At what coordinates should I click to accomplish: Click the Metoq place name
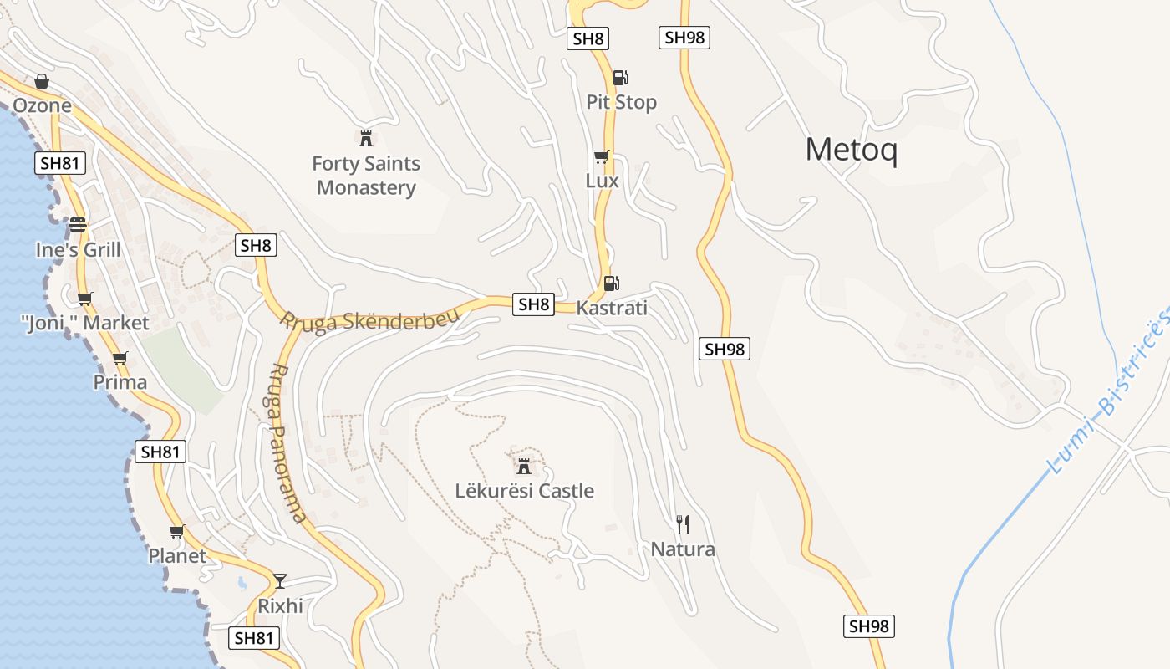(851, 151)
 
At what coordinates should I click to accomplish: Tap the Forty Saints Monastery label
(366, 176)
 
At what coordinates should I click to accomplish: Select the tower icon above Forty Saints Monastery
(365, 138)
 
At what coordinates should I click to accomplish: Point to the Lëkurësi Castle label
(524, 491)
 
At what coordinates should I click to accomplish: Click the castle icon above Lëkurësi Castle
(524, 466)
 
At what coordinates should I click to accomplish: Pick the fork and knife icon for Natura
(683, 524)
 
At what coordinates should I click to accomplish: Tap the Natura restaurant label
(683, 549)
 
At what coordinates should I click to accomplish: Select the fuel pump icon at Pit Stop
(620, 78)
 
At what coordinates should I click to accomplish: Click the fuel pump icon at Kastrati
(612, 283)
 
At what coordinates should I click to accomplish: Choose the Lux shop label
(602, 181)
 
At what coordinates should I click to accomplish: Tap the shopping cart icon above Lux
(601, 156)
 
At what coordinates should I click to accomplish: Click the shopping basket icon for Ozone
(42, 81)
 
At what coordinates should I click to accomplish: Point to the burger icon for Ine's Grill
(78, 225)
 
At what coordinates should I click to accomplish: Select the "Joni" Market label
(84, 323)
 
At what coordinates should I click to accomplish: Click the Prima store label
(120, 382)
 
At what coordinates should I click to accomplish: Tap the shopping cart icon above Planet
(176, 531)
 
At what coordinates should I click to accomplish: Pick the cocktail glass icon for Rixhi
(280, 580)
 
